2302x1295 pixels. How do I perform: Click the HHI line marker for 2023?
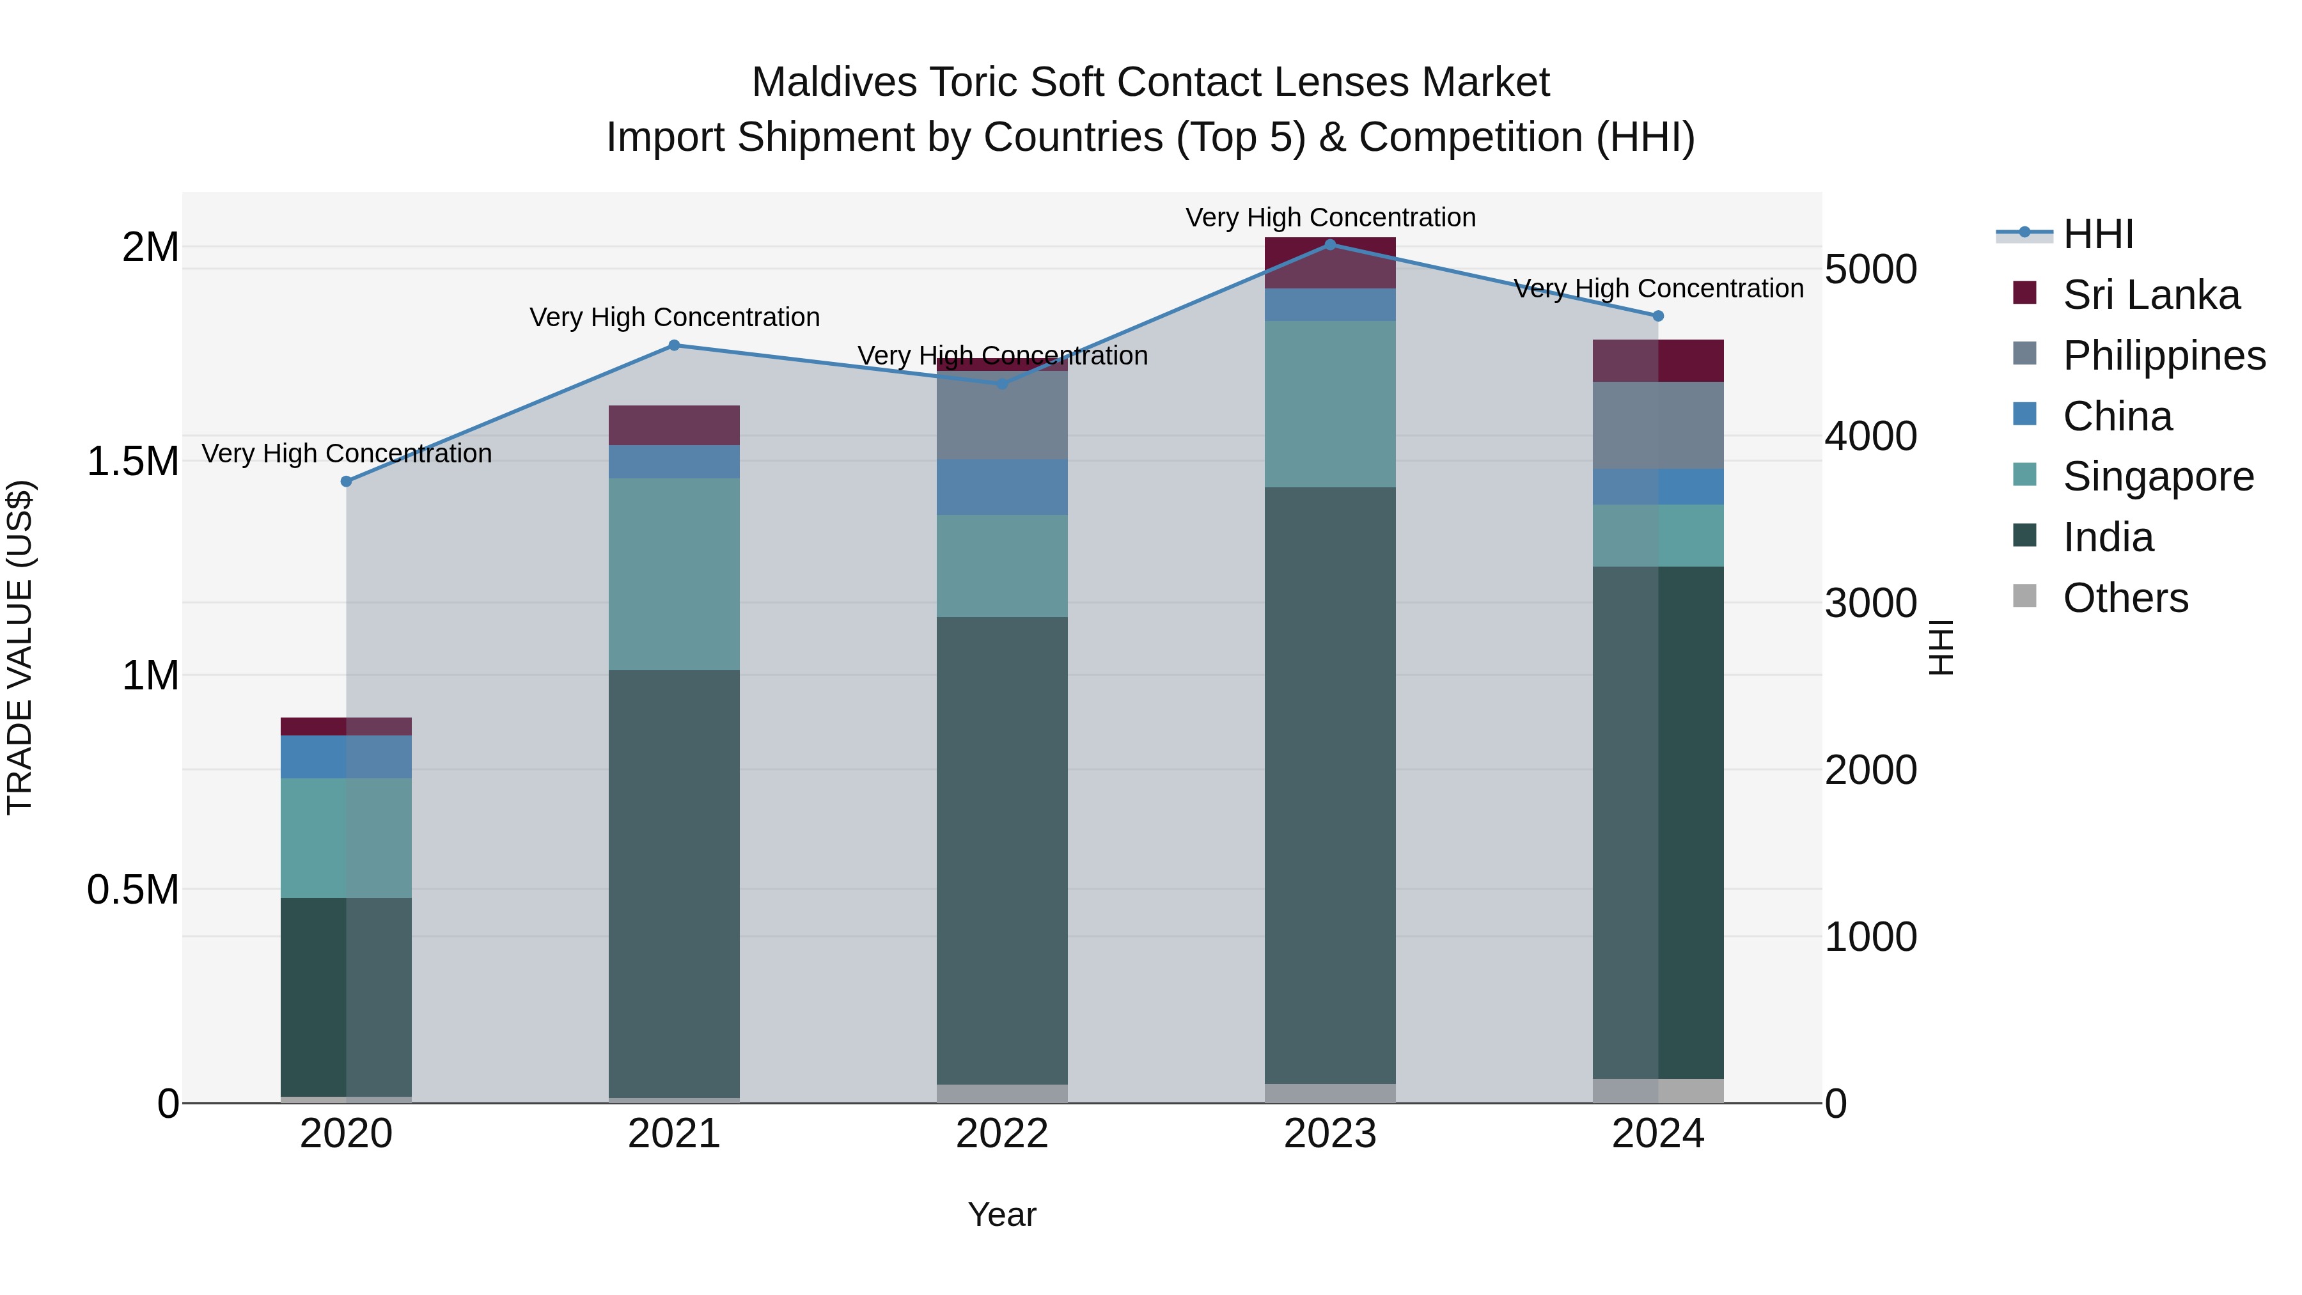click(x=1330, y=245)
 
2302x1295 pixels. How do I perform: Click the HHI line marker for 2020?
click(x=347, y=482)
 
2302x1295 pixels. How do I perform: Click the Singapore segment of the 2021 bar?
click(x=675, y=574)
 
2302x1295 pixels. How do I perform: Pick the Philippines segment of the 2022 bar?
click(x=1002, y=416)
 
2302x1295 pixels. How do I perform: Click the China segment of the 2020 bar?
click(x=347, y=757)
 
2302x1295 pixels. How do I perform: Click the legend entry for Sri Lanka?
click(x=2150, y=295)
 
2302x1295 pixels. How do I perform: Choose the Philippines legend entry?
click(x=2163, y=356)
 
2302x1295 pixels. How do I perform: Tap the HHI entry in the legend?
click(x=2097, y=234)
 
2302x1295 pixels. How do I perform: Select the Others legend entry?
click(x=2124, y=598)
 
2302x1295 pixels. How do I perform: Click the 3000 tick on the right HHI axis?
click(x=1870, y=603)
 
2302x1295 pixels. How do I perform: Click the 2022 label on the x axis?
click(x=1002, y=1134)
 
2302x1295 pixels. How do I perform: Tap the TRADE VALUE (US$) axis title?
click(x=20, y=647)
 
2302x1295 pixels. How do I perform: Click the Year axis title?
click(x=1002, y=1214)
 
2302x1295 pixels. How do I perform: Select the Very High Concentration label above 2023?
click(x=1330, y=217)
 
